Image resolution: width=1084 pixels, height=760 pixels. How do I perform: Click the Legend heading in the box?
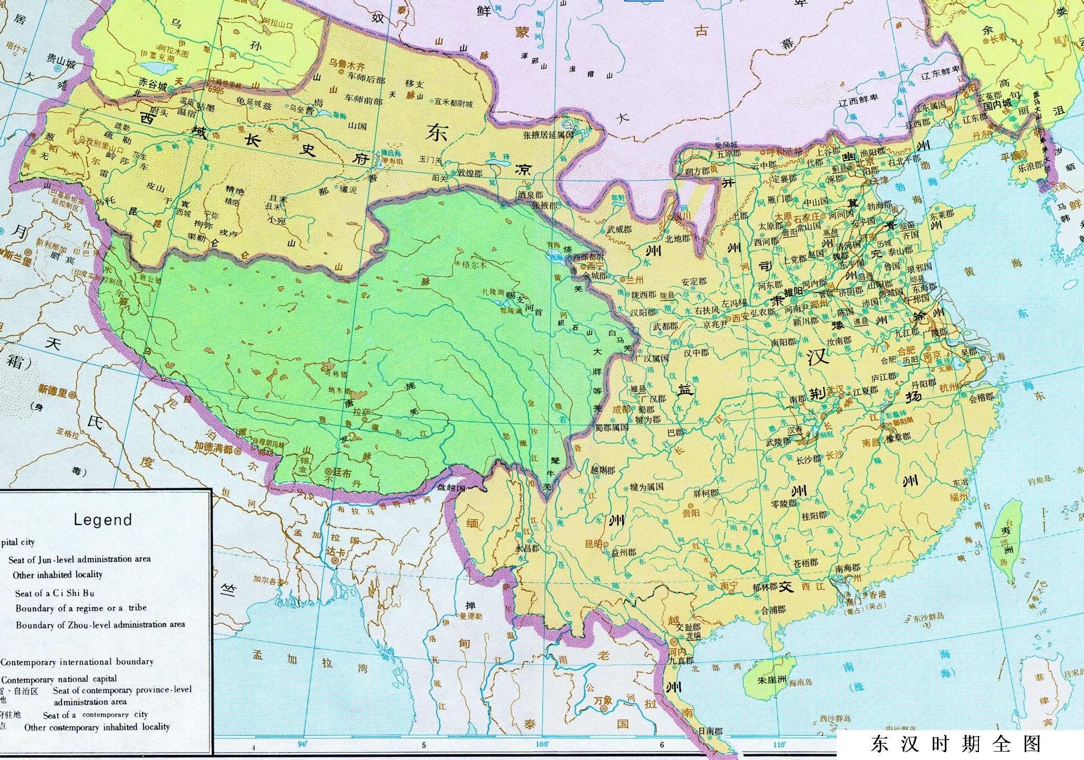click(x=102, y=519)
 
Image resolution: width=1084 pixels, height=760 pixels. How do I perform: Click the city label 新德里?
click(x=53, y=389)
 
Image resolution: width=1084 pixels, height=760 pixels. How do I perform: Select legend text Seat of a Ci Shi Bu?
click(x=55, y=593)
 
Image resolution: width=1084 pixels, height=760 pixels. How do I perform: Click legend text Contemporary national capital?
click(x=59, y=679)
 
